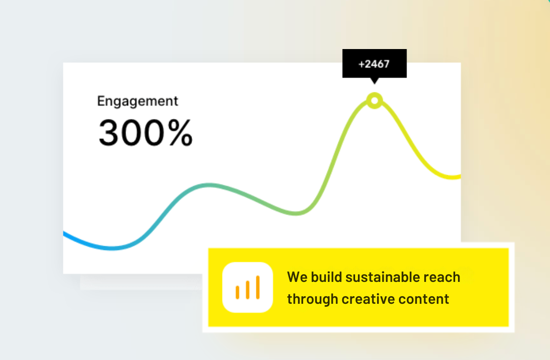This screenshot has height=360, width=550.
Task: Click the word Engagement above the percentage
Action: click(x=137, y=102)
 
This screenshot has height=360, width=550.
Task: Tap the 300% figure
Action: click(x=145, y=132)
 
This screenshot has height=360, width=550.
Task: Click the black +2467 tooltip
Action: click(x=374, y=63)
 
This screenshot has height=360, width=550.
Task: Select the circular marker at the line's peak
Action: click(x=375, y=101)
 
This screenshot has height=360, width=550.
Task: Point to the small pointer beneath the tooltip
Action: click(x=375, y=81)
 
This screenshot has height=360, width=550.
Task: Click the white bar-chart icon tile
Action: click(x=248, y=287)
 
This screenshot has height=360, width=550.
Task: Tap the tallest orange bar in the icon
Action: click(x=258, y=287)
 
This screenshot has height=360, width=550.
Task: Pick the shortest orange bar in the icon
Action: click(x=237, y=292)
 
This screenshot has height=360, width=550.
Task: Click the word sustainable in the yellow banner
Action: click(x=383, y=277)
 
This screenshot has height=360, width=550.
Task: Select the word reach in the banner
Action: click(x=442, y=277)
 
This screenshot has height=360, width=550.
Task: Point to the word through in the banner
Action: click(x=313, y=300)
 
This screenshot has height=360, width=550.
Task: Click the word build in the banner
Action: click(x=326, y=277)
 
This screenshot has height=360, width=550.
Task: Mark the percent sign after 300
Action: click(x=181, y=132)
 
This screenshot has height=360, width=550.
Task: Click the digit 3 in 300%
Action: click(x=108, y=132)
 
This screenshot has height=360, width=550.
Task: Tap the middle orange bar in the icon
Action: click(x=248, y=290)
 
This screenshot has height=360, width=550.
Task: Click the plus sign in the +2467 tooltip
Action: click(x=362, y=64)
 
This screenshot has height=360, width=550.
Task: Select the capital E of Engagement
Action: click(x=101, y=101)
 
